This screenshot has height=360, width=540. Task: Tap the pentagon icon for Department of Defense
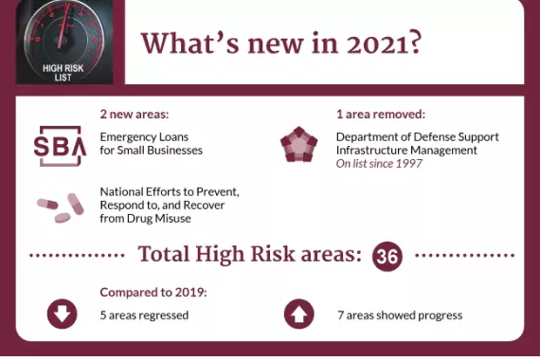tap(298, 143)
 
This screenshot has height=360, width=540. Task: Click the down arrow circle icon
tap(62, 315)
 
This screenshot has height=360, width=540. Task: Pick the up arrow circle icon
tap(298, 315)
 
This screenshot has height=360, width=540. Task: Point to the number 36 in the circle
tap(387, 256)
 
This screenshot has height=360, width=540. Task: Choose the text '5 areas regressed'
tap(144, 315)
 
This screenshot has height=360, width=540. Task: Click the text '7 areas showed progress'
tap(399, 315)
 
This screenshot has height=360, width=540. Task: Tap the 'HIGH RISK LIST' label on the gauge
tap(63, 71)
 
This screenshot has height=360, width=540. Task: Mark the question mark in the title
tap(414, 45)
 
